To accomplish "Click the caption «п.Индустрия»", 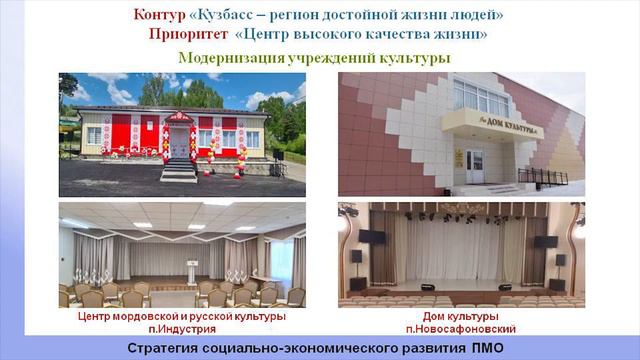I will point(181,328).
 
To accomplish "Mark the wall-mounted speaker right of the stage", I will point(546,241).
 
